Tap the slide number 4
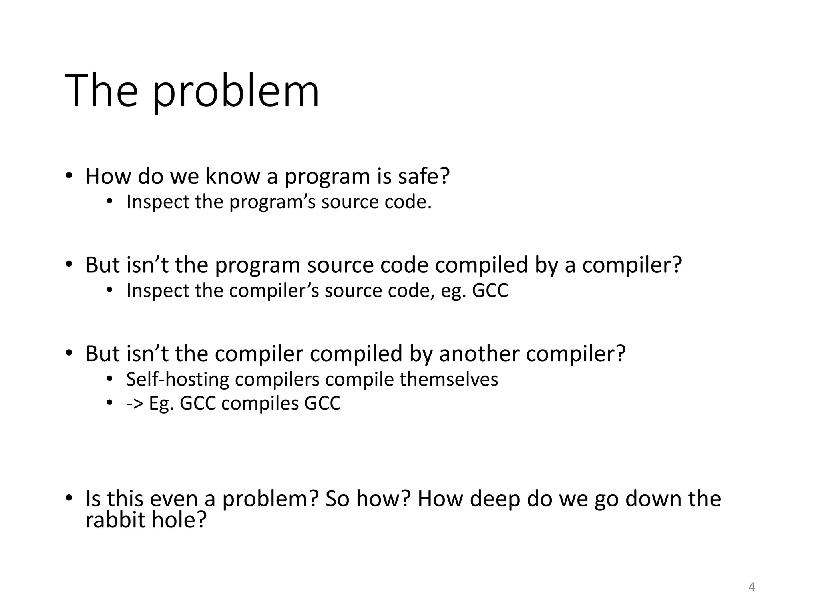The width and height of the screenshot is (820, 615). [752, 587]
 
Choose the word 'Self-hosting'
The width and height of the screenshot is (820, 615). [177, 379]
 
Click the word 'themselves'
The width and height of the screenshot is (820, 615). [449, 379]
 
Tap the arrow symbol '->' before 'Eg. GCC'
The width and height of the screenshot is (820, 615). [135, 403]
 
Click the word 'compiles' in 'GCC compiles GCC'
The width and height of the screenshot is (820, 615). [260, 403]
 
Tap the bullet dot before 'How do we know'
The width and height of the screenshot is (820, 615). [69, 176]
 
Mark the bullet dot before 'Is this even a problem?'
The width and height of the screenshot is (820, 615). [69, 498]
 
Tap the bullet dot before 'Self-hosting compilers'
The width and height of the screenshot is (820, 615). [110, 378]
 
